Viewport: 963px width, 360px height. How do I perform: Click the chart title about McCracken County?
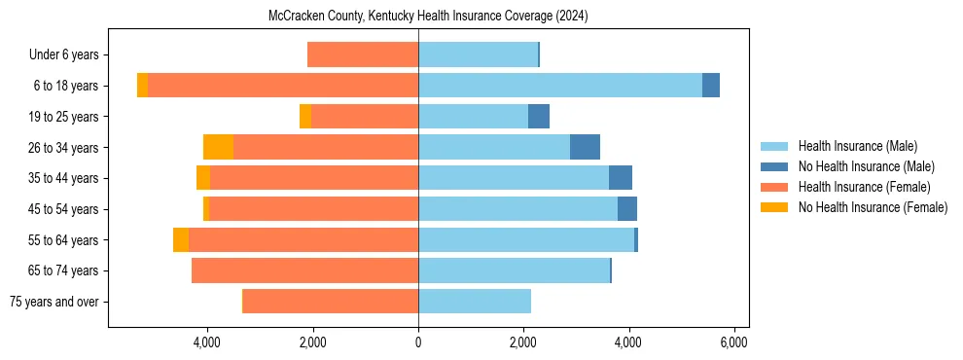428,17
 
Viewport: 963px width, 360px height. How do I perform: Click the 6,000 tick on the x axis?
733,342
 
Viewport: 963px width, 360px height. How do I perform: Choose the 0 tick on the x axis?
418,342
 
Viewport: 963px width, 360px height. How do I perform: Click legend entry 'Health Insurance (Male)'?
857,146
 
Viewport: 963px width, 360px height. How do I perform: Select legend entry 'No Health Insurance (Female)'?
873,207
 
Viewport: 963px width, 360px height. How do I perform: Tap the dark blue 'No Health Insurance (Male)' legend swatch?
775,166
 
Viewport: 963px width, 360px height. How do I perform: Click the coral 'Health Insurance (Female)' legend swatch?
775,187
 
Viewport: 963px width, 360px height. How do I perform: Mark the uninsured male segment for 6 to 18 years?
711,86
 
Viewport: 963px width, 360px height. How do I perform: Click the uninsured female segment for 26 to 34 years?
218,147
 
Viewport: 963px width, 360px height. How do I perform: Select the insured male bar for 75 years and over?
475,302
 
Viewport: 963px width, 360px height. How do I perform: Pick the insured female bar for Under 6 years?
363,54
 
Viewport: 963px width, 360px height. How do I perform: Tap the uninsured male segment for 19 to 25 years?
539,117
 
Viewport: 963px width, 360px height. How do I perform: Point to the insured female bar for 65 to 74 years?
305,270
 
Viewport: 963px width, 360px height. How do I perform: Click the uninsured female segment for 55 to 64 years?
181,239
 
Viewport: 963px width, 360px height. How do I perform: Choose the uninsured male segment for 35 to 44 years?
621,178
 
